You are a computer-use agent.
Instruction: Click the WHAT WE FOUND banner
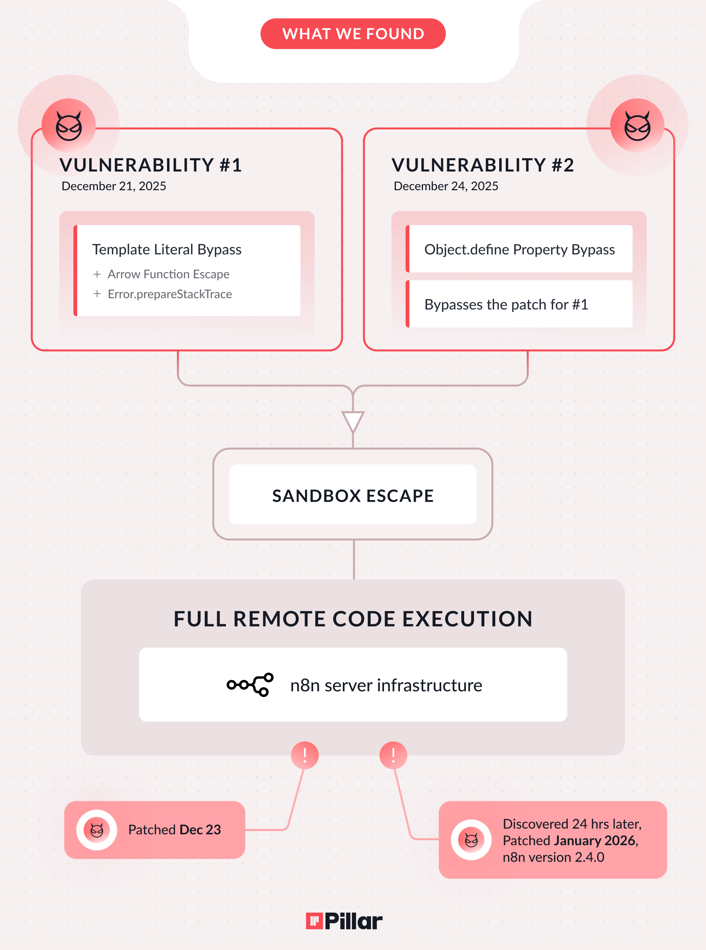point(353,34)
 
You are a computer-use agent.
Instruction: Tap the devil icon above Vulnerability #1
point(69,126)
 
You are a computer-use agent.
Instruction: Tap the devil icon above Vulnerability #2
point(637,126)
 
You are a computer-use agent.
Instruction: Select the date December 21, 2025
point(114,186)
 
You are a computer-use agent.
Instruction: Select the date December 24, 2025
point(446,186)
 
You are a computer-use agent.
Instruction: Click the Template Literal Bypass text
point(167,249)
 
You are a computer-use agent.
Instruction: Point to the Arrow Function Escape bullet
point(168,274)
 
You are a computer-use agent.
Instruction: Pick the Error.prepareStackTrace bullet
point(170,294)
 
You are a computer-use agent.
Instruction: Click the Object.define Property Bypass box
point(519,249)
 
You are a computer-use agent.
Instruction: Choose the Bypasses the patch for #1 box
point(519,304)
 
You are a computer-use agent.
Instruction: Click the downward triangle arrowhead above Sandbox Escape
point(353,421)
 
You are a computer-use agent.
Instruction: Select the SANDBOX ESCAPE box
point(353,495)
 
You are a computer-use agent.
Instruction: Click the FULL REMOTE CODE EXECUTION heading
point(353,619)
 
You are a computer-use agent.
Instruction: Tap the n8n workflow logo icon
point(250,685)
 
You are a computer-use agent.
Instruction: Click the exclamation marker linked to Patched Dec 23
point(305,755)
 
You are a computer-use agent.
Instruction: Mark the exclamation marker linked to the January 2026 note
point(393,755)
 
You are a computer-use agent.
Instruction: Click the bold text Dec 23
point(201,830)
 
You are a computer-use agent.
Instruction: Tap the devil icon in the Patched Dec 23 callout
point(97,830)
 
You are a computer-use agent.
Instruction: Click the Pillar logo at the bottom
point(345,921)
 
